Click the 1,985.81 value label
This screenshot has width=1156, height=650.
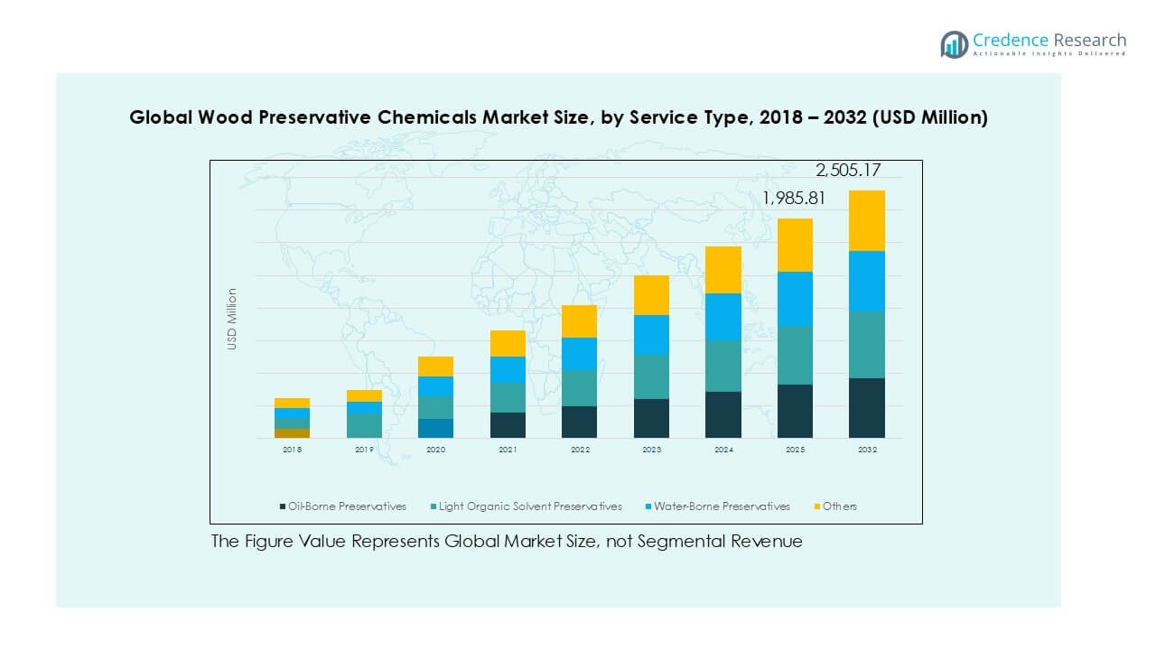click(794, 199)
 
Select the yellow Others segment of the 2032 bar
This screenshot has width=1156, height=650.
click(867, 220)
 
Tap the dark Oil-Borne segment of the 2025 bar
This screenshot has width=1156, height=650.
click(795, 411)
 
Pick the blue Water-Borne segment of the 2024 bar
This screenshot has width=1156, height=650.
click(723, 316)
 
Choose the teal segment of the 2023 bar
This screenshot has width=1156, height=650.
click(651, 376)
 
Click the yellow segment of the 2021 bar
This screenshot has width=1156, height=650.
click(508, 343)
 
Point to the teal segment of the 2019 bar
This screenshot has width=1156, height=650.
click(364, 425)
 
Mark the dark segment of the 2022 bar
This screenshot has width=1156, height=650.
click(579, 422)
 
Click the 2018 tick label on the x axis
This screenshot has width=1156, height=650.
click(292, 449)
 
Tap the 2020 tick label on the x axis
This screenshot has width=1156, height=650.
click(435, 449)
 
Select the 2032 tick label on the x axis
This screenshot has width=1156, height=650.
click(867, 449)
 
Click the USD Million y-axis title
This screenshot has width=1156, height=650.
click(232, 319)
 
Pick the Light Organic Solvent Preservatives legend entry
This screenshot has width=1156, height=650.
click(531, 506)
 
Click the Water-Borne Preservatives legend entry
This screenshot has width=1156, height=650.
click(722, 506)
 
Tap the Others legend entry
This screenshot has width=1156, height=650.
click(839, 506)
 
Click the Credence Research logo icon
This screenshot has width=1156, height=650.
click(954, 44)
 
